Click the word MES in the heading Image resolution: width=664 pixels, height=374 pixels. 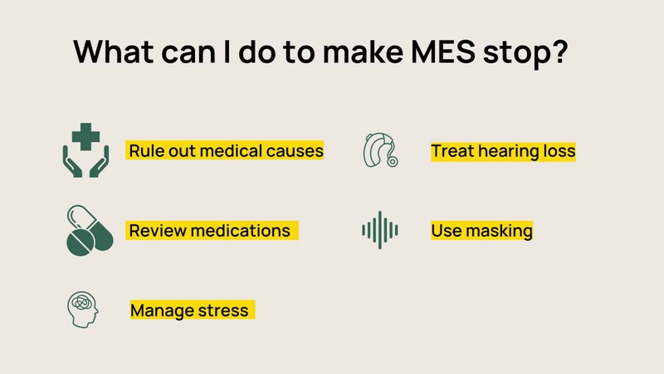(x=443, y=52)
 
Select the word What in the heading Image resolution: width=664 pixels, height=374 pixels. (x=114, y=52)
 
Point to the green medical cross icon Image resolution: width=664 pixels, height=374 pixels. (x=86, y=136)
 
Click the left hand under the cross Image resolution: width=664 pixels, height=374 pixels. (x=72, y=162)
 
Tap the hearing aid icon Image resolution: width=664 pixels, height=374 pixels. (x=380, y=150)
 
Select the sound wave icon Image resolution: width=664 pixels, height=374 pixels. (x=380, y=230)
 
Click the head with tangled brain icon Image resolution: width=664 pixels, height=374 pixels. (x=82, y=309)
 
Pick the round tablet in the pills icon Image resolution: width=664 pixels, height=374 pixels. (x=81, y=243)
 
